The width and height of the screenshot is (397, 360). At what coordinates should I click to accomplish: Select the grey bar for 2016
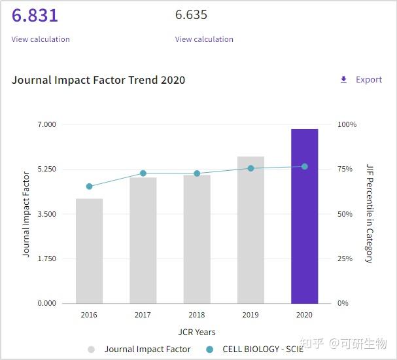[x=89, y=251]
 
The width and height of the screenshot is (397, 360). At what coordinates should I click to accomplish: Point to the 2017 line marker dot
[x=143, y=173]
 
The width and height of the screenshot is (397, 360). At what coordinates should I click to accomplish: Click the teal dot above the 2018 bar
[x=197, y=173]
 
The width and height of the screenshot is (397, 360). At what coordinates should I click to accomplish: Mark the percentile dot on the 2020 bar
[x=304, y=166]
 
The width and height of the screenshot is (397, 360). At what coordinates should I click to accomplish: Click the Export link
[x=368, y=80]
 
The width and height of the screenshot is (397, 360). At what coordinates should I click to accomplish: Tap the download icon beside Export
[x=344, y=80]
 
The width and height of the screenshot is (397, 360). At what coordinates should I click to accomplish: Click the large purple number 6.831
[x=35, y=15]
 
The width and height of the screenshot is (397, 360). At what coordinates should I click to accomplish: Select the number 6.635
[x=191, y=15]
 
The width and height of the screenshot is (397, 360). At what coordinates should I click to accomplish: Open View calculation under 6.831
[x=41, y=39]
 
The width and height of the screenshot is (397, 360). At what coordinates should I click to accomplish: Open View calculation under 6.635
[x=204, y=39]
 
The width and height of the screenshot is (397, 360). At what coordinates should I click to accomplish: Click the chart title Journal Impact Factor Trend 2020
[x=98, y=80]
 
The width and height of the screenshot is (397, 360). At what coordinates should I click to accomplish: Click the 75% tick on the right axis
[x=345, y=169]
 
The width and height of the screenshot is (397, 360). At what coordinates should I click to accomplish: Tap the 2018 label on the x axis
[x=197, y=315]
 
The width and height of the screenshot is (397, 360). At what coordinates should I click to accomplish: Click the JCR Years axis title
[x=197, y=332]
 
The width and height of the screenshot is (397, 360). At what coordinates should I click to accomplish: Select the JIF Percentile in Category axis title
[x=370, y=213]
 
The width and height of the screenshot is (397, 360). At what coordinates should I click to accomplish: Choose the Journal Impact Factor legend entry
[x=147, y=350]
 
